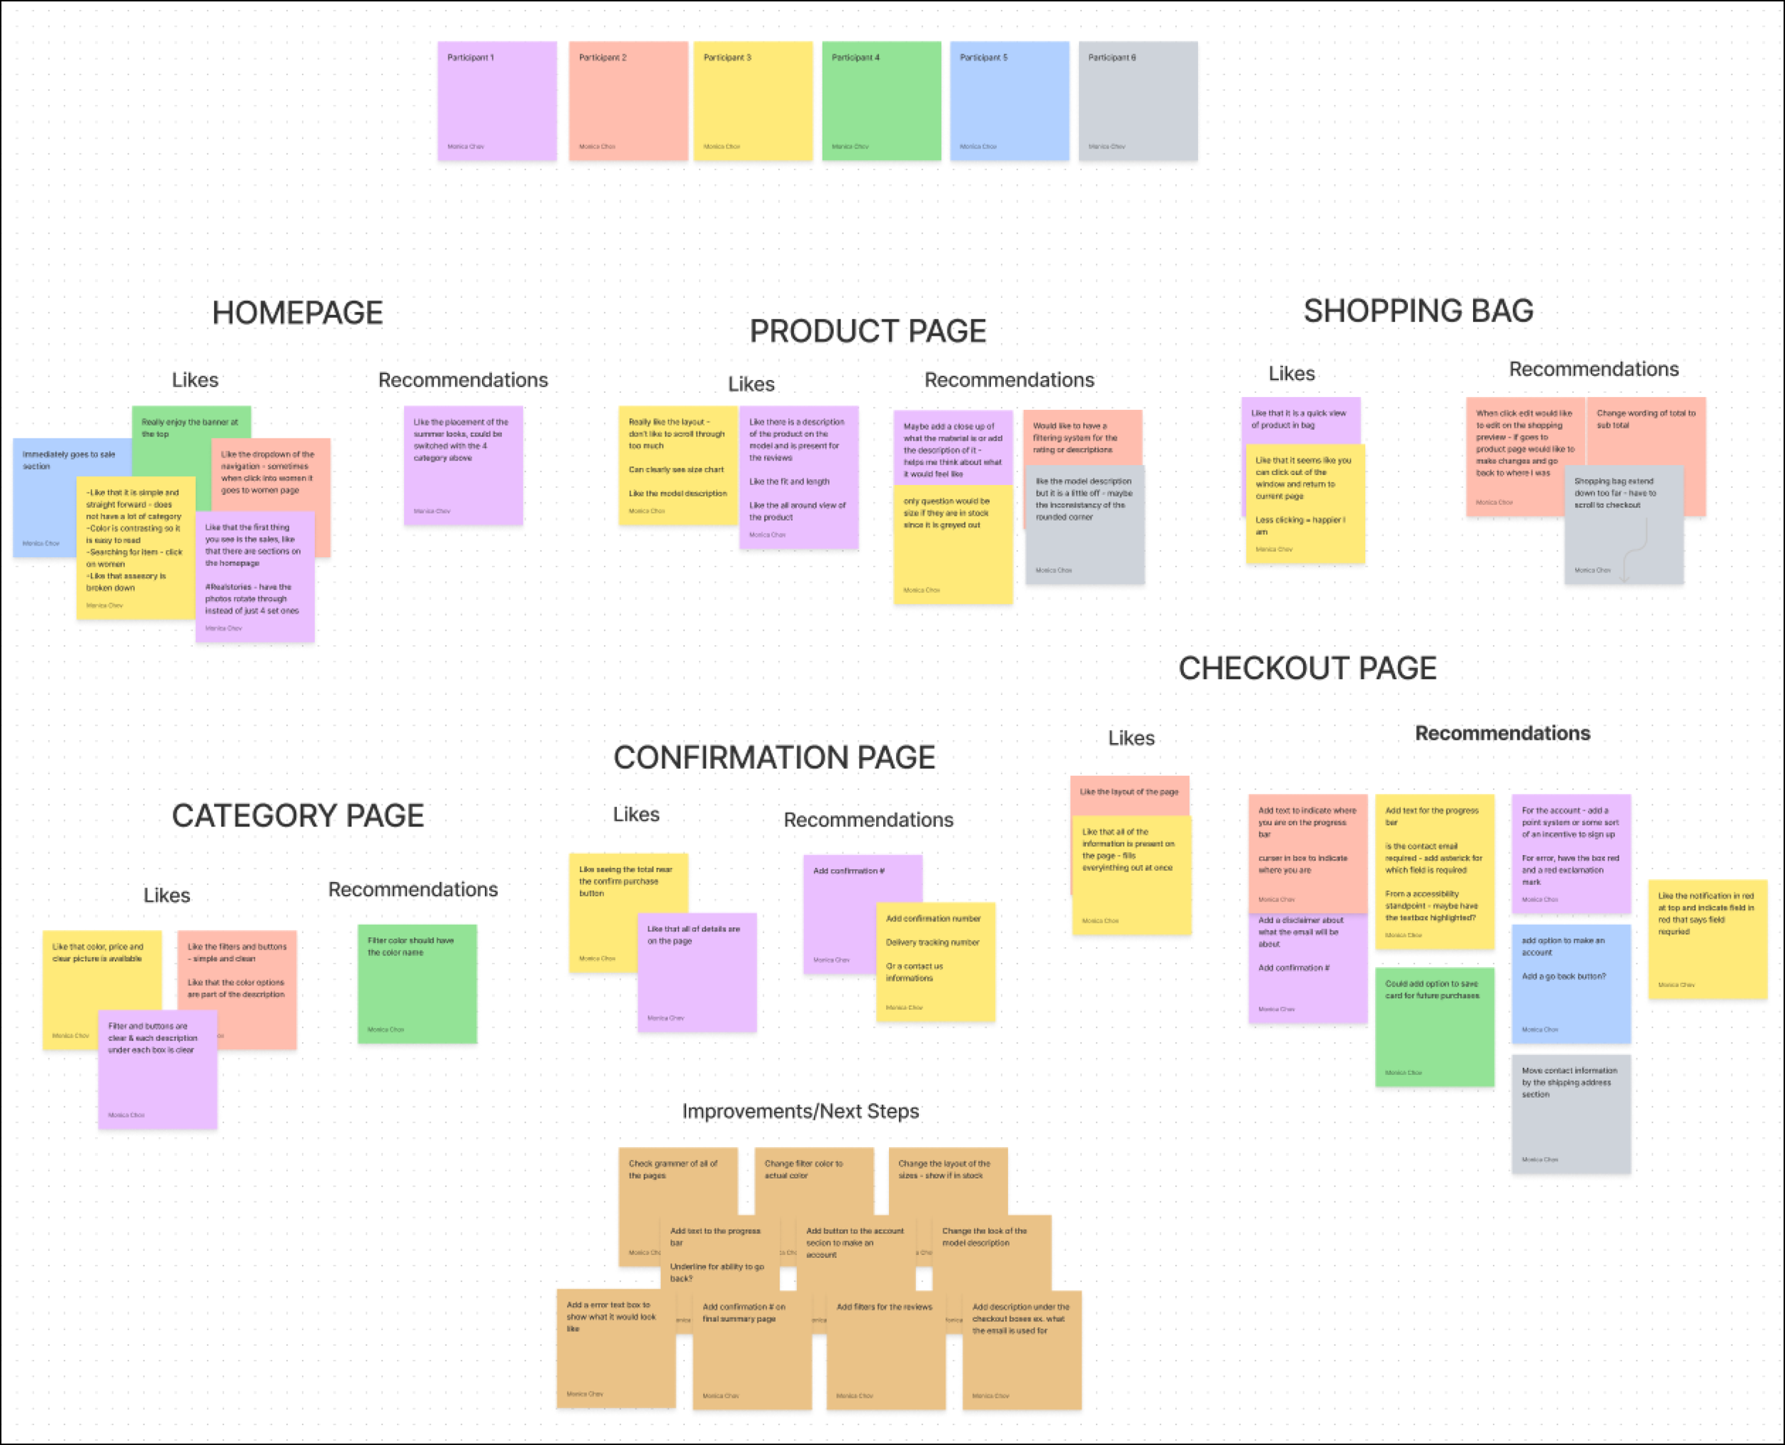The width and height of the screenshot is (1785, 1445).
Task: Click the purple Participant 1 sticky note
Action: coord(497,101)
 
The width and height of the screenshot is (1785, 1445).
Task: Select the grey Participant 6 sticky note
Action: coord(1137,101)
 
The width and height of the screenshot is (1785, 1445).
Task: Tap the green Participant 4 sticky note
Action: coord(881,101)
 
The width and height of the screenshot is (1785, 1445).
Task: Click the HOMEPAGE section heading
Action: coord(297,313)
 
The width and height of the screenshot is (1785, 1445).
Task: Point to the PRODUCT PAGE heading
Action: coord(867,331)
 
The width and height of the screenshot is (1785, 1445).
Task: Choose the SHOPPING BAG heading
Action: coord(1418,311)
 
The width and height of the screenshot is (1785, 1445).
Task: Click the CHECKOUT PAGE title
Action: coord(1307,669)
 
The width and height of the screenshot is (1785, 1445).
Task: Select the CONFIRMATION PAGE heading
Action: coord(774,757)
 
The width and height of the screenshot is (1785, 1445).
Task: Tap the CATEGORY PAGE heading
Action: coord(298,816)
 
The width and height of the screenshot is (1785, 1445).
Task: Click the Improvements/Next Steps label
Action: coord(800,1111)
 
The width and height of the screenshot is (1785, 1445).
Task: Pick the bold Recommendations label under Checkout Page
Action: coord(1502,734)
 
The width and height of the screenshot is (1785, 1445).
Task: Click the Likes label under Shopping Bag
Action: coord(1292,374)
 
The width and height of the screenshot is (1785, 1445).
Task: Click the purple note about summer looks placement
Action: coord(463,466)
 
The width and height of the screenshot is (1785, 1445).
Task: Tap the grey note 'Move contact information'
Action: coord(1570,1116)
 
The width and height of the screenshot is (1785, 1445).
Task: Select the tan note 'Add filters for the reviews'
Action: coord(885,1349)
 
